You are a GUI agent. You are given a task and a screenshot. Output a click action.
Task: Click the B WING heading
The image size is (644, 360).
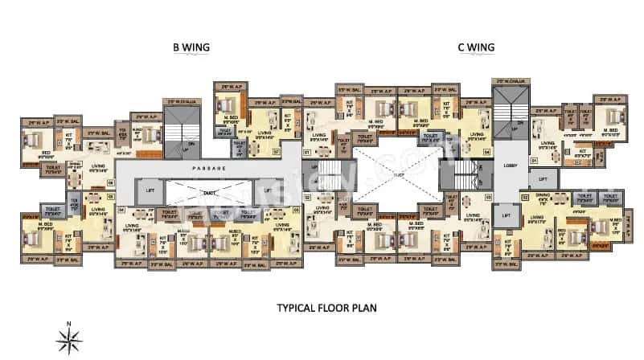tap(191, 47)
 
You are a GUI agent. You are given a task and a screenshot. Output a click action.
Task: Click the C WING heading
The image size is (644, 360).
tap(474, 47)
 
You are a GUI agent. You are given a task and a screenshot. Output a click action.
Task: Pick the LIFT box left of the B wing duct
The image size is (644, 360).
tap(150, 190)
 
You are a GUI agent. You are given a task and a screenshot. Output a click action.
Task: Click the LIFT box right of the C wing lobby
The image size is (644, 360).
tap(543, 180)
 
